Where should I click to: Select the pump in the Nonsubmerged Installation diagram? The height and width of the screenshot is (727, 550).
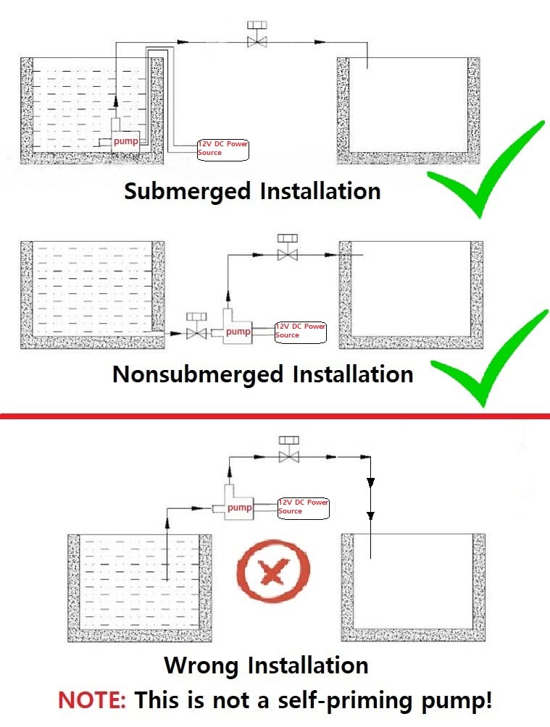237,331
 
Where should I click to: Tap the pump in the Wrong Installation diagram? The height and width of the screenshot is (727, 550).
238,507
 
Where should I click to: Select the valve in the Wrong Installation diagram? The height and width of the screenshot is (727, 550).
290,450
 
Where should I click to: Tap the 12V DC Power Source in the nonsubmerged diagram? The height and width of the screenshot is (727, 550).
301,331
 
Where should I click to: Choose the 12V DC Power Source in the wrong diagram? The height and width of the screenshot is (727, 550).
304,507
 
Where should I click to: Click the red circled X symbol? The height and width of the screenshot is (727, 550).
272,574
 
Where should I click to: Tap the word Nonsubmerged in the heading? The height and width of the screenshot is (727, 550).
199,374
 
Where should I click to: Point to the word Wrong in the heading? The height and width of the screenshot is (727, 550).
202,665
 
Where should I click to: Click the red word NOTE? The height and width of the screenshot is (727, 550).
92,700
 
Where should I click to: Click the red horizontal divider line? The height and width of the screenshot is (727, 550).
275,416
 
